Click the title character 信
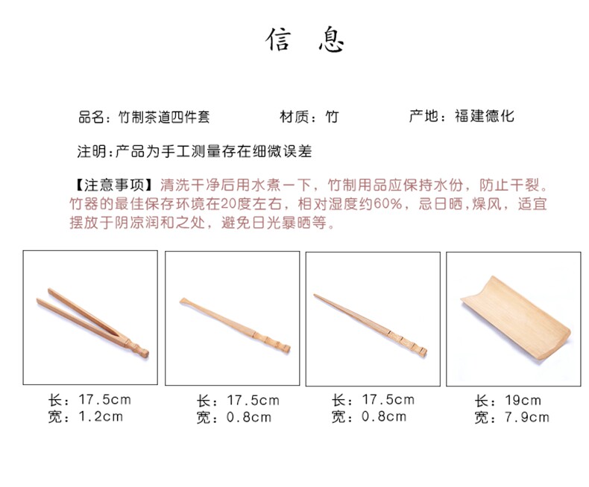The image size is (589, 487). [278, 39]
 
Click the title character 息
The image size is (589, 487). [331, 39]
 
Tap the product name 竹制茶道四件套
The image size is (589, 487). [164, 117]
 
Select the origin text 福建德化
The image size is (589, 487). [484, 116]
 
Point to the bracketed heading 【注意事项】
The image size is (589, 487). [114, 185]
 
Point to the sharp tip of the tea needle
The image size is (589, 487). [315, 295]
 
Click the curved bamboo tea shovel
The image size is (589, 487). [516, 317]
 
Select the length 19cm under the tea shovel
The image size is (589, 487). [523, 401]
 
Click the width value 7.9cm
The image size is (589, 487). [526, 417]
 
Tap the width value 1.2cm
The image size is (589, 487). [101, 416]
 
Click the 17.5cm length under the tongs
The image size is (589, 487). [105, 400]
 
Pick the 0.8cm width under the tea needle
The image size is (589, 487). [384, 416]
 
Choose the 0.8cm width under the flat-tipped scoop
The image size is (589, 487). [249, 417]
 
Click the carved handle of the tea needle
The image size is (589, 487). [407, 341]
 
